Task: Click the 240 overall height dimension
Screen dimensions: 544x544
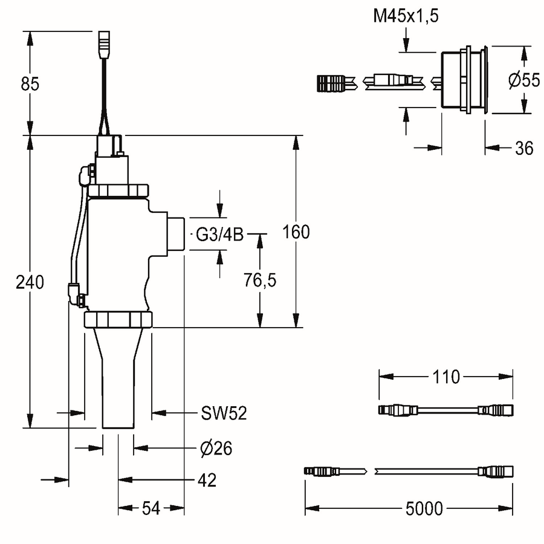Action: pos(30,282)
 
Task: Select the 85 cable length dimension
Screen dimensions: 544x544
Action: pos(30,84)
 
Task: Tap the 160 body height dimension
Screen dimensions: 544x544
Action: pos(296,232)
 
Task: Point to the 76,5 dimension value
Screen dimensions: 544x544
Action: pos(260,280)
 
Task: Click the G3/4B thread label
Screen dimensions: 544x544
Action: pos(219,235)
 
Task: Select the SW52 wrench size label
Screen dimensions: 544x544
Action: pos(224,413)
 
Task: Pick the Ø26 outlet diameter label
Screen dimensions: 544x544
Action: pos(216,448)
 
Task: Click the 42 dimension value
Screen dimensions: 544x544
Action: pos(207,480)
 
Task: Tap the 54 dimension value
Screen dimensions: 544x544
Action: pos(151,508)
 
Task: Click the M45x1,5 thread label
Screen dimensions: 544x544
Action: pos(406,16)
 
